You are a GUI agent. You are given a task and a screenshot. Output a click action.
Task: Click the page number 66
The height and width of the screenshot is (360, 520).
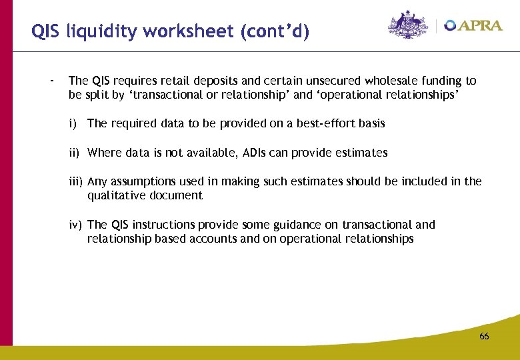point(484,337)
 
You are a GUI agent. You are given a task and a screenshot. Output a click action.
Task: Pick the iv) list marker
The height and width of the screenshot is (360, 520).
point(75,225)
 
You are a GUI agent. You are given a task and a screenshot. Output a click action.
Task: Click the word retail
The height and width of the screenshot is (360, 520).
point(172,81)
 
